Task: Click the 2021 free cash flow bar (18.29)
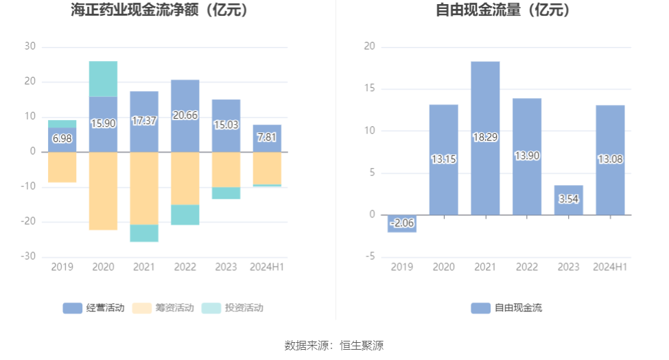[x=485, y=137]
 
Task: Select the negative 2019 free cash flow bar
[x=401, y=224]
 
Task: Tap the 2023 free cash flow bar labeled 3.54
[x=569, y=200]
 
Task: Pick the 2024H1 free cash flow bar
[x=610, y=160]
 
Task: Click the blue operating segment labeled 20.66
[x=185, y=115]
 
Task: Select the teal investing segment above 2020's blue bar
[x=103, y=79]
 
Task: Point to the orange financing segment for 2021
[x=144, y=188]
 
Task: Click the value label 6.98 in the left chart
[x=62, y=139]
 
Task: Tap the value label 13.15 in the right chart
[x=443, y=159]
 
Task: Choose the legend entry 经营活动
[x=94, y=308]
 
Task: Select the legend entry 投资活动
[x=233, y=308]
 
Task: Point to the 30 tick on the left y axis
[x=30, y=47]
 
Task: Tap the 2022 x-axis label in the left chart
[x=185, y=267]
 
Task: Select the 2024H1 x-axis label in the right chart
[x=610, y=267]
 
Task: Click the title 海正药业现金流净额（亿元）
[x=160, y=10]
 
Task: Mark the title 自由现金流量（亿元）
[x=503, y=10]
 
